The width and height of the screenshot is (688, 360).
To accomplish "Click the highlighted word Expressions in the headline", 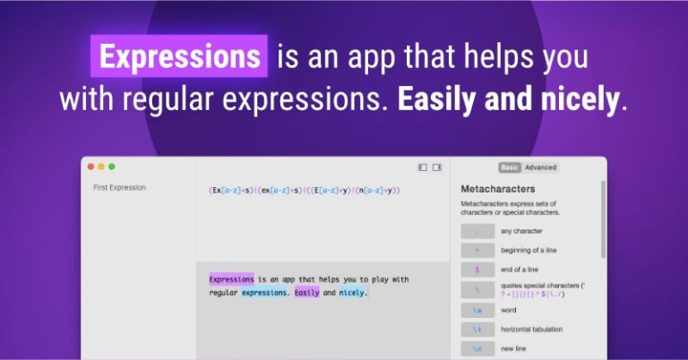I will click(x=179, y=56).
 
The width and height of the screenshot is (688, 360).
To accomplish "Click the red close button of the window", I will click(x=90, y=167).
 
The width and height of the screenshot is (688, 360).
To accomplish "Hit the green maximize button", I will click(x=112, y=167).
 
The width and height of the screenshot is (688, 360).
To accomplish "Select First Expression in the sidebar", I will click(x=119, y=188).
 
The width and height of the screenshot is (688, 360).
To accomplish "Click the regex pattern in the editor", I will click(x=304, y=190).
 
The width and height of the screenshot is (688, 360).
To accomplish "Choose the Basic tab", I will click(x=509, y=167).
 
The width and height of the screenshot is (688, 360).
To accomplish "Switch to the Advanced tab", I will click(x=540, y=167).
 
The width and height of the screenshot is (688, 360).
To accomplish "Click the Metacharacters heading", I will click(x=497, y=189).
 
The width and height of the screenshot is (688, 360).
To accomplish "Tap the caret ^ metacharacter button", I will click(x=477, y=250).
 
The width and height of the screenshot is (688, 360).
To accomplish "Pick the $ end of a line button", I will click(x=477, y=270).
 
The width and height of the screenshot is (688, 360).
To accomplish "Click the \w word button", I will click(x=477, y=310).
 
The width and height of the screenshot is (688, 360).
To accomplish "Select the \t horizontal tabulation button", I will click(x=477, y=330).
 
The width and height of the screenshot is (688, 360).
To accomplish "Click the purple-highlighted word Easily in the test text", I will click(x=306, y=293).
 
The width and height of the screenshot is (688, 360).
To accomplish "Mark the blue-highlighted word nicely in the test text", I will click(x=353, y=293).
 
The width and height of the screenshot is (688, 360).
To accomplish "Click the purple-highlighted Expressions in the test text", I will click(x=231, y=279).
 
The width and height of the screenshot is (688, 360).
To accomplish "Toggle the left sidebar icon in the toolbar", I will click(x=423, y=167).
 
